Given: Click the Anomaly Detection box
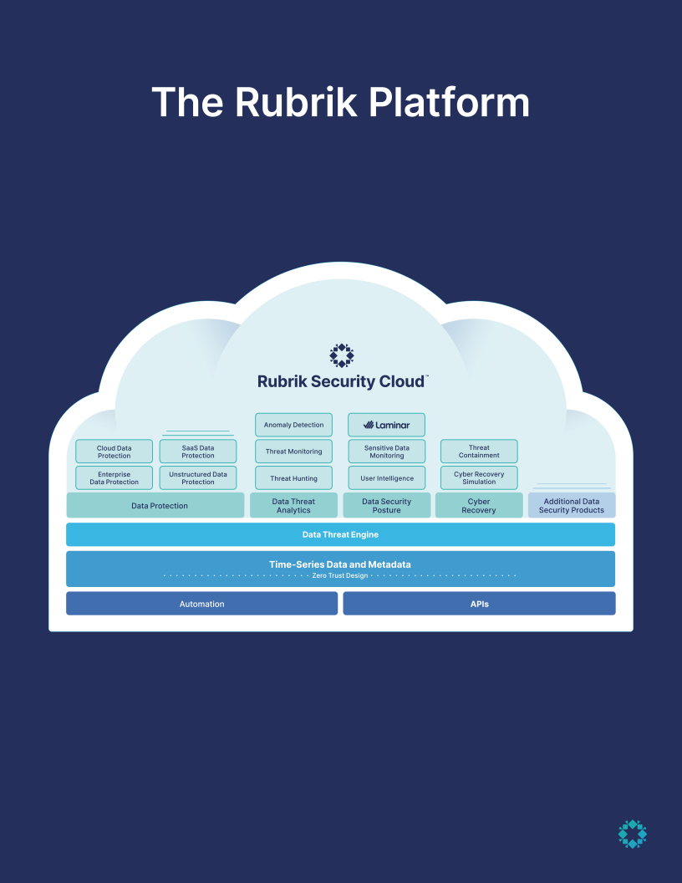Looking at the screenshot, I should (x=293, y=425).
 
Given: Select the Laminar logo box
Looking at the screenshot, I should (x=386, y=425).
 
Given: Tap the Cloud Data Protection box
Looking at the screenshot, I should (x=114, y=452).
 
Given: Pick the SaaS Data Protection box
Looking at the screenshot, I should (x=198, y=452).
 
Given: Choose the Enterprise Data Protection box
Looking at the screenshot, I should (x=114, y=478).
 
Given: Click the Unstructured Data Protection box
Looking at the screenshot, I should (x=198, y=478).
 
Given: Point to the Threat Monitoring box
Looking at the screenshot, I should (x=293, y=452).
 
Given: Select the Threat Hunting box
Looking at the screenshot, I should (x=293, y=478).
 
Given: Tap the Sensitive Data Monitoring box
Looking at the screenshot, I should (x=386, y=452).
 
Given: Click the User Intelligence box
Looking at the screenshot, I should (x=386, y=478).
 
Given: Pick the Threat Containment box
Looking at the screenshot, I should (x=479, y=452).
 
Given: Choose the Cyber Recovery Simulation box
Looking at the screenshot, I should (x=479, y=478).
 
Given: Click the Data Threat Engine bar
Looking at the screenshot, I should (x=340, y=534).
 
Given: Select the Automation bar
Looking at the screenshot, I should (x=201, y=604).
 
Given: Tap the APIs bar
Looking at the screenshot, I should (x=479, y=604).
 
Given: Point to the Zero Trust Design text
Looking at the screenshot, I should (x=340, y=576).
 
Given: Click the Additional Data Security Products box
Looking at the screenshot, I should (x=572, y=506).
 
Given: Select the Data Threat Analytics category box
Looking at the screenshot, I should (x=293, y=506).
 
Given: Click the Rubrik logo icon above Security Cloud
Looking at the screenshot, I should (x=341, y=355).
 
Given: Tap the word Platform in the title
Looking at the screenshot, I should (x=449, y=103).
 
